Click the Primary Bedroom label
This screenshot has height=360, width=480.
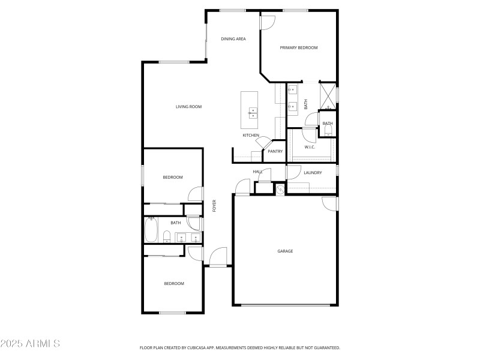point(298,47)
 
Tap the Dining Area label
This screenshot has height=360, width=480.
point(233,39)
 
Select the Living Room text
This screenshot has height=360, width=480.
point(188,107)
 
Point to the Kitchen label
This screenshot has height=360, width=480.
point(251,135)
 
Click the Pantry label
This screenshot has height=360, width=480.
point(275,151)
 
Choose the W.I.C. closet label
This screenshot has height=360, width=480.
point(310,147)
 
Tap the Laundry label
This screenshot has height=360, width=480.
point(313,173)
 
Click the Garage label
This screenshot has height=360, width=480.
point(285,251)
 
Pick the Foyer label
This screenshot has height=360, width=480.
point(214,206)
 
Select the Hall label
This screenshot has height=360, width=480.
point(258,172)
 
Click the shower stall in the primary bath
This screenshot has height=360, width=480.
point(327,95)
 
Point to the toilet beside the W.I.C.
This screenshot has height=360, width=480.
point(328,131)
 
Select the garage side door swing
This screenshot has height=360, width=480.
point(329,204)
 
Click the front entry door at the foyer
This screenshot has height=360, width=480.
point(218,257)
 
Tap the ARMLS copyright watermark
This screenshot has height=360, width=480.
point(30,344)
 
